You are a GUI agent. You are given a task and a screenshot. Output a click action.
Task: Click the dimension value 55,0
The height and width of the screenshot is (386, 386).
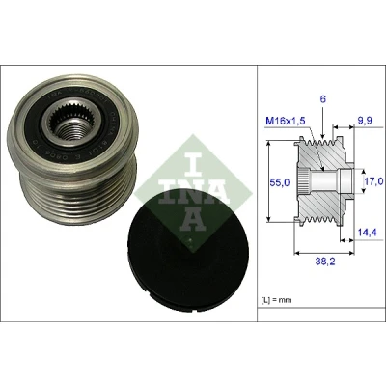point(279,182)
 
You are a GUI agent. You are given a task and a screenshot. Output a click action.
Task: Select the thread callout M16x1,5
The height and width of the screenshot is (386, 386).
point(286,122)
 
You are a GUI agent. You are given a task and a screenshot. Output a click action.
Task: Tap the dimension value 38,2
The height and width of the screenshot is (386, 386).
point(324,262)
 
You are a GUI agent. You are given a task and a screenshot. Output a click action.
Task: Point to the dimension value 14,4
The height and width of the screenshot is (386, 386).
point(367,233)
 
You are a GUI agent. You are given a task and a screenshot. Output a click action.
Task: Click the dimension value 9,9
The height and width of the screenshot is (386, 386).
point(365,121)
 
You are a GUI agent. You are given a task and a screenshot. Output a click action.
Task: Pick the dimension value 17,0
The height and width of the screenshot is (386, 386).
point(374,181)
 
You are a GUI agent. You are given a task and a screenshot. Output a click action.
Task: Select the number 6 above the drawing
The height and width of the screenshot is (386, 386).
point(323,99)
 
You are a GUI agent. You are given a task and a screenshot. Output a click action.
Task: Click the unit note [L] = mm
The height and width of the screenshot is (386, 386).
point(276,300)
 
